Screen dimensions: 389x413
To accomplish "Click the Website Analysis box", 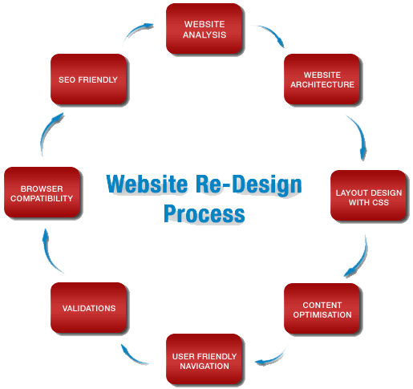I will pyautogui.click(x=204, y=29).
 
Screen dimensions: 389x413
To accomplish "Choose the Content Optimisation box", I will pyautogui.click(x=321, y=309).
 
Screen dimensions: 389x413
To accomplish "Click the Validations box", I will pyautogui.click(x=88, y=308).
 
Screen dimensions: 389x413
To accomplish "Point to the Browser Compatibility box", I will pyautogui.click(x=42, y=192).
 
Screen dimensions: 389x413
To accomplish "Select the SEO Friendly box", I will pyautogui.click(x=88, y=79).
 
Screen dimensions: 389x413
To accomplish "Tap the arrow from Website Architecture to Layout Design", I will pyautogui.click(x=357, y=135).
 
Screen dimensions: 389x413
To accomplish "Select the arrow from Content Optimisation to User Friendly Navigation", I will pyautogui.click(x=272, y=352).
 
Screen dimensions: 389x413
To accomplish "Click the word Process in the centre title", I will pyautogui.click(x=204, y=213).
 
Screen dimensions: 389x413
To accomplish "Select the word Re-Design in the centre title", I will pyautogui.click(x=253, y=184).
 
